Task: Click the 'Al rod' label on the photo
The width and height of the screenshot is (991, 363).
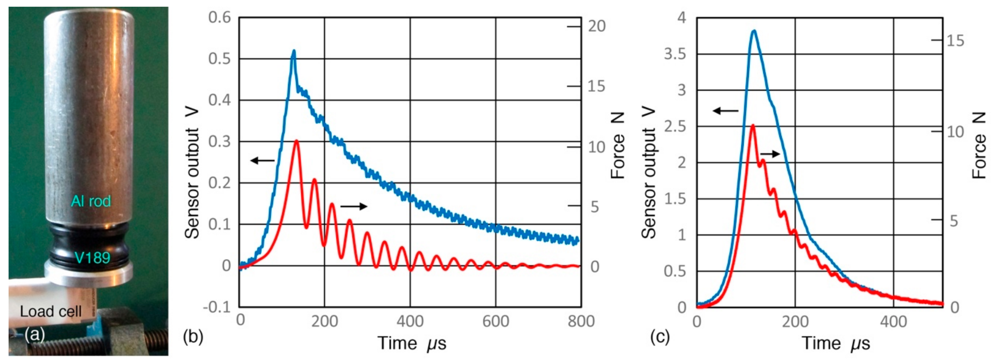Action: tap(91, 201)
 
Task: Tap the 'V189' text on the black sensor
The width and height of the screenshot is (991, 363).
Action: tap(92, 257)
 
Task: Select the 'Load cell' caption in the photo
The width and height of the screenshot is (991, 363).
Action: tap(50, 311)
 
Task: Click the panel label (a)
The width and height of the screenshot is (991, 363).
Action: tap(35, 335)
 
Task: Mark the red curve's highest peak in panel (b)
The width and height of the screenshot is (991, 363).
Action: tap(296, 141)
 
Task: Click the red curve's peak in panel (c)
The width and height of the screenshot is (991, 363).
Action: tap(753, 125)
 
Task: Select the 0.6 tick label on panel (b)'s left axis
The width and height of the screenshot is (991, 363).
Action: tap(219, 17)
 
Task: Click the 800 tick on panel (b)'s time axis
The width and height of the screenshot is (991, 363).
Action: tap(581, 321)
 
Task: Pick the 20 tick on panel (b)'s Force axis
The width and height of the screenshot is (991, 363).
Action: tap(596, 26)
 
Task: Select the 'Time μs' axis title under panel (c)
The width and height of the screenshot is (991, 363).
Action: tap(836, 343)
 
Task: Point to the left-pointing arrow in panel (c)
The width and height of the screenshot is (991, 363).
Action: tap(725, 111)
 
